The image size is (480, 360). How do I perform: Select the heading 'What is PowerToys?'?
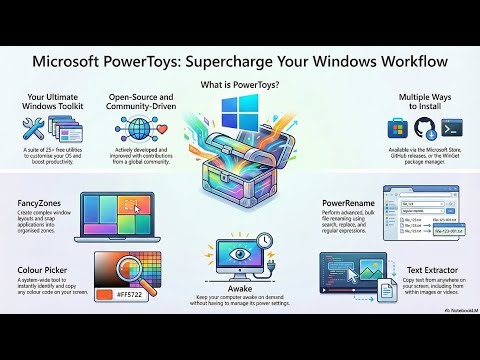(239, 85)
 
